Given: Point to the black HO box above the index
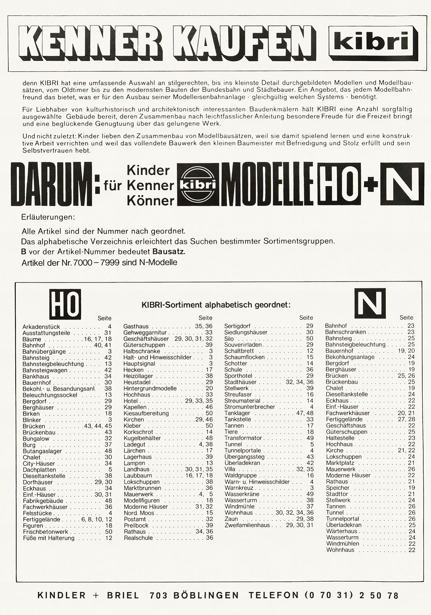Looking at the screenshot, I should (65, 304).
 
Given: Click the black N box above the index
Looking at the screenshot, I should (370, 303).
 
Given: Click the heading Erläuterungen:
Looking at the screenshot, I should (48, 217).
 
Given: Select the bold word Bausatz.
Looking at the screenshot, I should (169, 252).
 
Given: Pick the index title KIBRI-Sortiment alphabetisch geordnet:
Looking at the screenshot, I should (216, 305).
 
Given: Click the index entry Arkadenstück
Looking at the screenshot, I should (41, 327).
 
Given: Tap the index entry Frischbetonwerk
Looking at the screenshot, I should (46, 532).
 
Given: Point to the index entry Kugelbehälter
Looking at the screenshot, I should (142, 438).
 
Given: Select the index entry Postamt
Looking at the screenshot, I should (135, 519).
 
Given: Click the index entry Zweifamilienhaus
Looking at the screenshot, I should (247, 525).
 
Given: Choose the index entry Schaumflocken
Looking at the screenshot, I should (244, 357).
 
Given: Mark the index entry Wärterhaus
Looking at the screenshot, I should (341, 531).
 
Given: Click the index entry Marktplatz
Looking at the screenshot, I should (340, 463).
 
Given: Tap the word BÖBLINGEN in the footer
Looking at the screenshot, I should (206, 595).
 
